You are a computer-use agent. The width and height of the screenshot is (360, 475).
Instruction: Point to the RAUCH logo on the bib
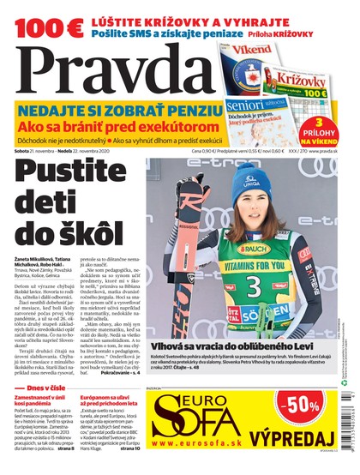(249, 250)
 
